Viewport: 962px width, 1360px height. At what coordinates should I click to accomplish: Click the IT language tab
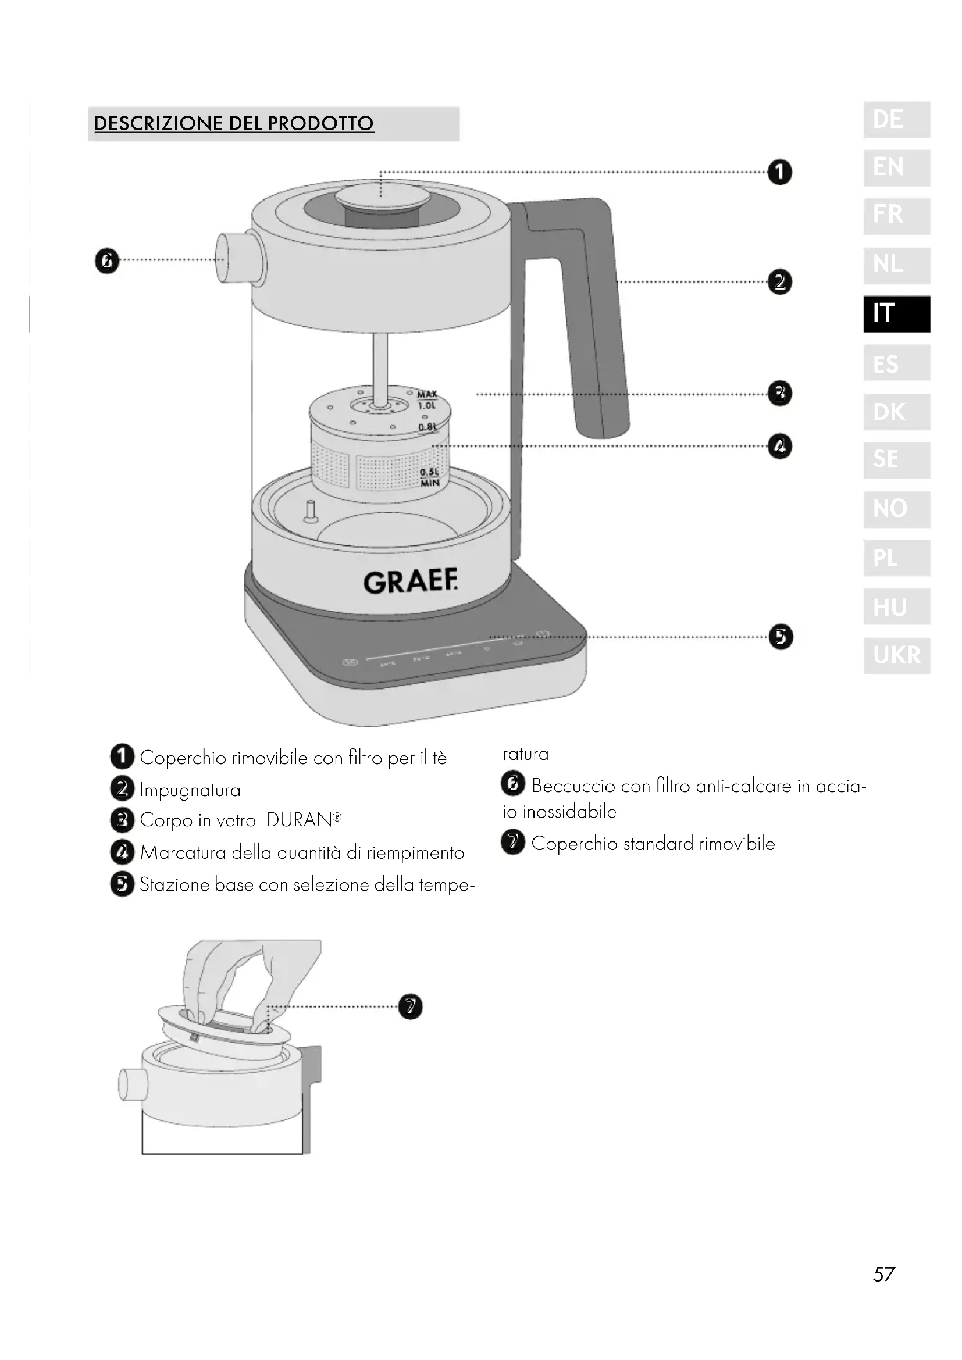896,314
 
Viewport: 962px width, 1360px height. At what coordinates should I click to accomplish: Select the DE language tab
896,120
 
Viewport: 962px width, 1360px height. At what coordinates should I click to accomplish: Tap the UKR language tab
896,655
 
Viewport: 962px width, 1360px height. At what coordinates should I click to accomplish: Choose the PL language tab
896,558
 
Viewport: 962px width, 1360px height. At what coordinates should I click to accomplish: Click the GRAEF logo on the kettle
411,582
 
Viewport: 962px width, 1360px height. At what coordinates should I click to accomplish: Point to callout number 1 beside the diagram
779,172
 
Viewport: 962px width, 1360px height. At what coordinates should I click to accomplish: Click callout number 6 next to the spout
106,261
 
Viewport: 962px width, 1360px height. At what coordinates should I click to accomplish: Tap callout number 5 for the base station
781,637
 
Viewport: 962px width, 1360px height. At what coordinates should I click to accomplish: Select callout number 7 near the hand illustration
411,1006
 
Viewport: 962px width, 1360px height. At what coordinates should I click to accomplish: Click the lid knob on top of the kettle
382,195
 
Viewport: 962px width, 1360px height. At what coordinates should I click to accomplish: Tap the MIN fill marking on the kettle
430,483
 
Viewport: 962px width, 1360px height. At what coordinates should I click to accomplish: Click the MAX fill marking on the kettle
427,394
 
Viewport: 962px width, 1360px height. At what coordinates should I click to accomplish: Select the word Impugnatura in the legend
190,790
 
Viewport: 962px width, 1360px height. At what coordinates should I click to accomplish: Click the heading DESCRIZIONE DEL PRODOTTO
234,124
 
